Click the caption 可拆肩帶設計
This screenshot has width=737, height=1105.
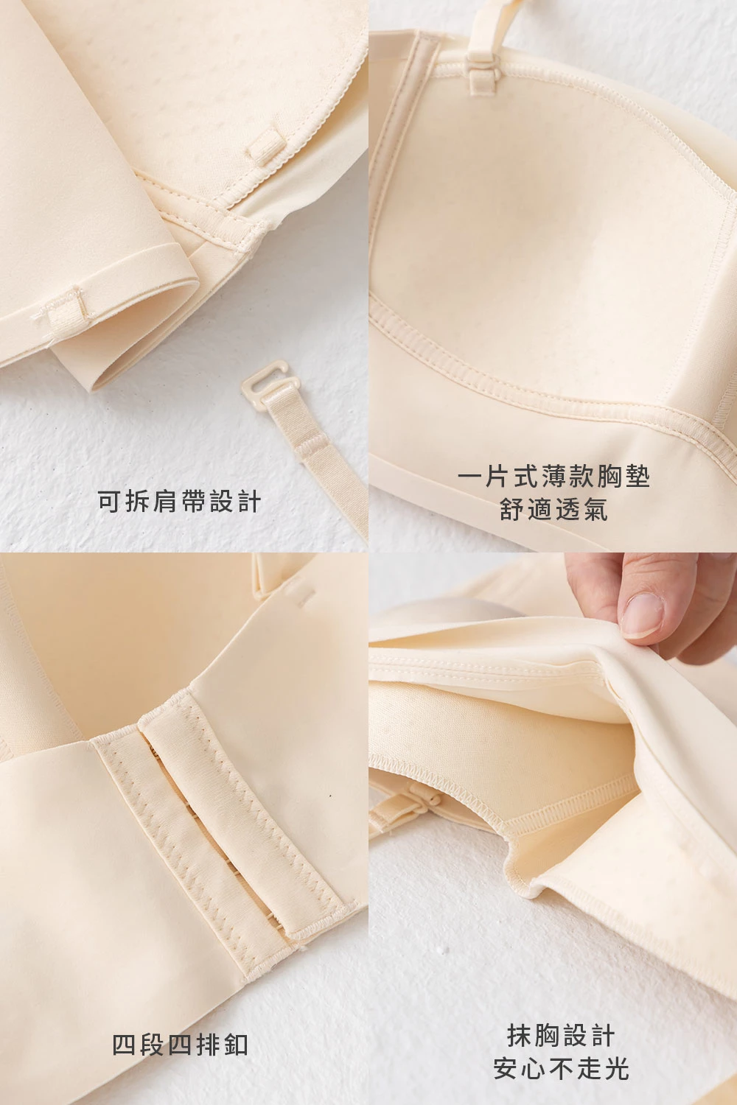click(x=179, y=502)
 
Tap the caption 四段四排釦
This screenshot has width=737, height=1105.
click(x=180, y=1045)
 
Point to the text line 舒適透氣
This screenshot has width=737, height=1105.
click(x=553, y=510)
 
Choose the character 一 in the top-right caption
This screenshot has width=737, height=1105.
click(x=469, y=477)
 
